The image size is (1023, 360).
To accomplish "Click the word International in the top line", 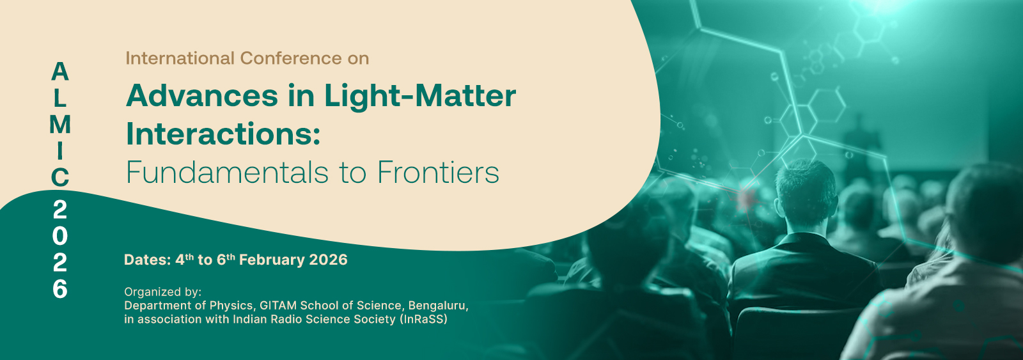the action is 180,58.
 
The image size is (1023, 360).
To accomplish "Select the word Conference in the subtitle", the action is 290,58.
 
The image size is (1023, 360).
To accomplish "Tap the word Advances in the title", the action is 202,96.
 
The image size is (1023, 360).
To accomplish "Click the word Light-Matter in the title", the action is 420,97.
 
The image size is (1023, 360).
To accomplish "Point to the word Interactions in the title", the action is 223,134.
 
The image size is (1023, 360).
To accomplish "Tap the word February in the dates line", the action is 272,260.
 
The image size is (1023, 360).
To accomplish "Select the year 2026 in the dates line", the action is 329,260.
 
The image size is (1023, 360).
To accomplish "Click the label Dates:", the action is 148,260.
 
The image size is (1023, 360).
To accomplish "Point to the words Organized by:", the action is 162,292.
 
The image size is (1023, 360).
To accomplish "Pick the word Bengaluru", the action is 439,306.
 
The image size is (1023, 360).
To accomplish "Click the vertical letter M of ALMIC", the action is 60,125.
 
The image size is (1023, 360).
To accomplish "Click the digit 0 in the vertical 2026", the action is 60,236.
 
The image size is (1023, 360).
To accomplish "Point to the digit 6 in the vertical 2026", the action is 60,289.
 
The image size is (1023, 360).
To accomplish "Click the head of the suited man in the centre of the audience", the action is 806,192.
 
